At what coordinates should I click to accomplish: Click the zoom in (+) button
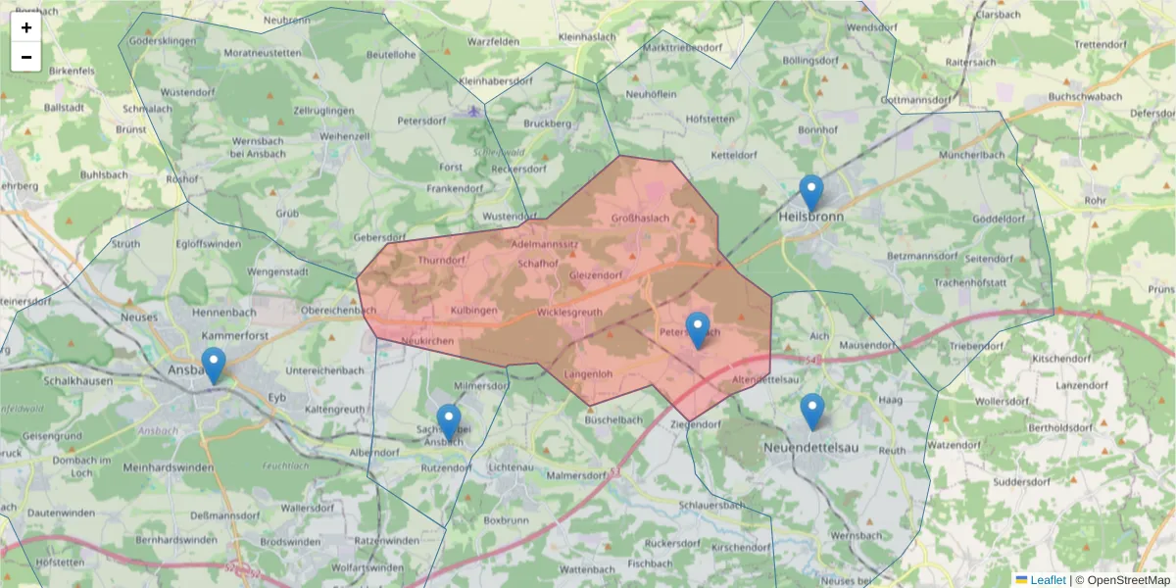pyautogui.click(x=26, y=27)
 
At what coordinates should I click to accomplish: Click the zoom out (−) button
pyautogui.click(x=26, y=57)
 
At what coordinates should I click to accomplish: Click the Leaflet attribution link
pyautogui.click(x=1047, y=580)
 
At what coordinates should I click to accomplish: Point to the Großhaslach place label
pyautogui.click(x=640, y=218)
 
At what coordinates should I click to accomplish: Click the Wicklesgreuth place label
pyautogui.click(x=569, y=313)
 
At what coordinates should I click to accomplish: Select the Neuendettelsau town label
pyautogui.click(x=814, y=448)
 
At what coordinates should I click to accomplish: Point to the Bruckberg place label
pyautogui.click(x=547, y=124)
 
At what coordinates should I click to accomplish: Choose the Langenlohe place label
pyautogui.click(x=589, y=374)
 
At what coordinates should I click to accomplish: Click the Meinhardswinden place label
pyautogui.click(x=169, y=466)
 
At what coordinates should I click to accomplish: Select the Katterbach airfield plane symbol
pyautogui.click(x=476, y=109)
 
